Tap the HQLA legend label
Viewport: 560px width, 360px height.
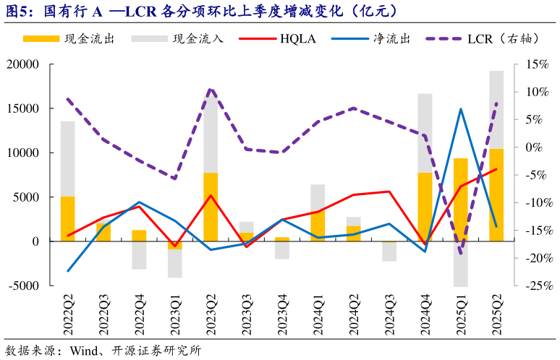[x=298, y=39]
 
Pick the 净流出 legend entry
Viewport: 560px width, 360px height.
[x=394, y=39]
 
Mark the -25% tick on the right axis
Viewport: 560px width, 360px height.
[x=529, y=286]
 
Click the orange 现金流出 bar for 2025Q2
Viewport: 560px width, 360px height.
[x=496, y=195]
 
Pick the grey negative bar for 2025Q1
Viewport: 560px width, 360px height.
[x=460, y=264]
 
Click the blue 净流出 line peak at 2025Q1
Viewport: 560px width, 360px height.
[x=460, y=109]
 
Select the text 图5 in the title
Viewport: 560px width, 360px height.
[x=18, y=12]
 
